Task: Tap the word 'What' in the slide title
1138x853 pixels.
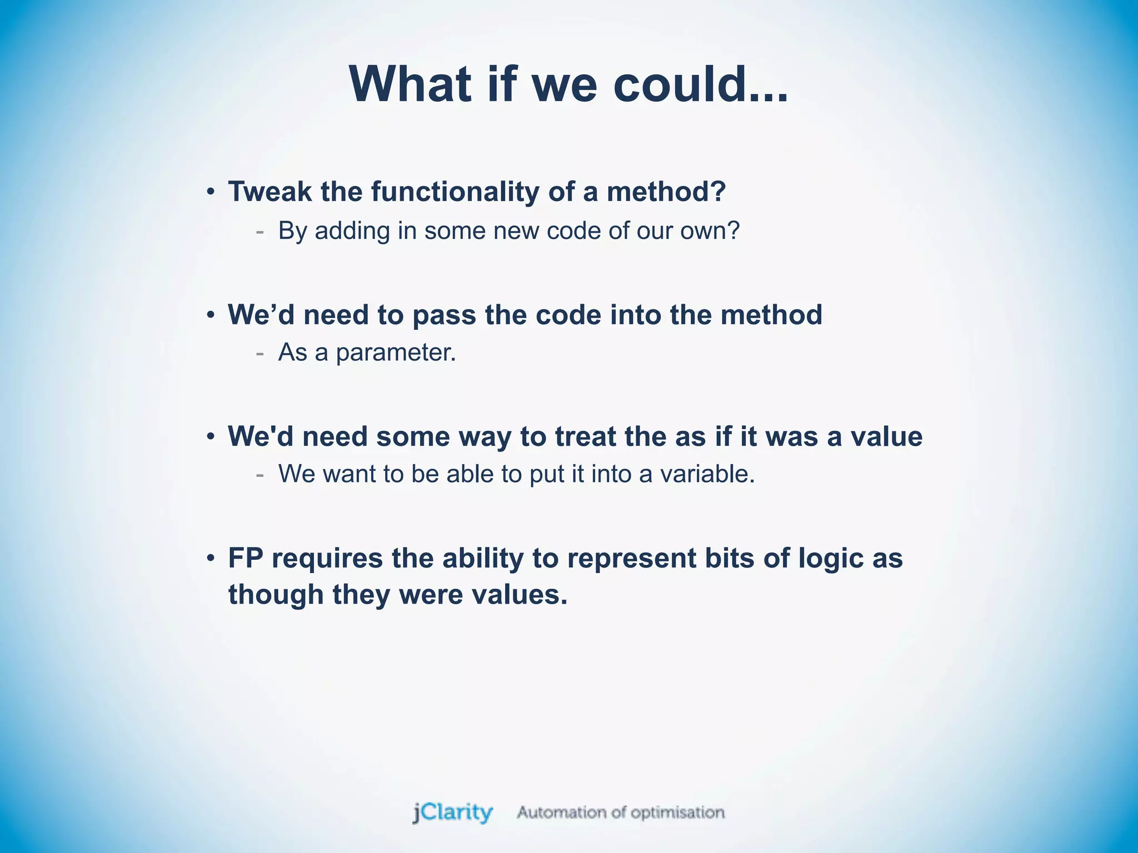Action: pos(410,84)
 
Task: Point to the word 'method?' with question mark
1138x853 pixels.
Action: pos(666,192)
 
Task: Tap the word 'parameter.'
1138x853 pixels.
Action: pos(396,353)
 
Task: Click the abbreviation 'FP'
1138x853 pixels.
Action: pos(245,558)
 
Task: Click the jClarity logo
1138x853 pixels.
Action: pos(452,812)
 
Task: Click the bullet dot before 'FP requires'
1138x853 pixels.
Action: pos(211,558)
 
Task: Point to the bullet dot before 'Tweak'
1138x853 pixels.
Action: pos(211,192)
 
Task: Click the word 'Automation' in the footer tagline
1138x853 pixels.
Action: pos(561,812)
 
